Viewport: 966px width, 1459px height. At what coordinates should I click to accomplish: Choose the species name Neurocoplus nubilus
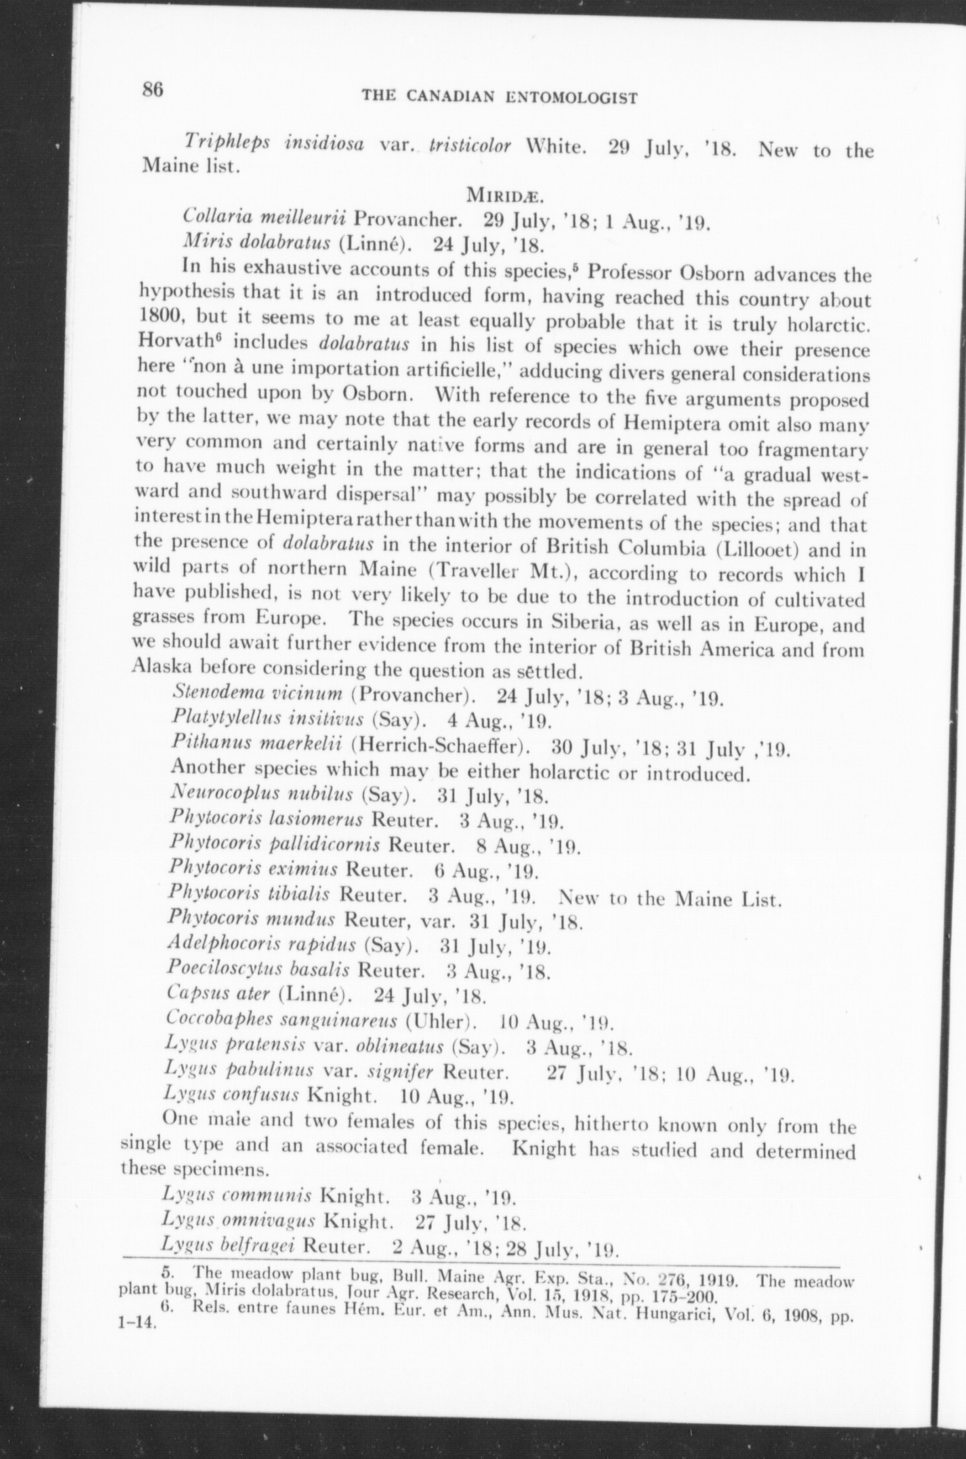[x=262, y=796]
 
